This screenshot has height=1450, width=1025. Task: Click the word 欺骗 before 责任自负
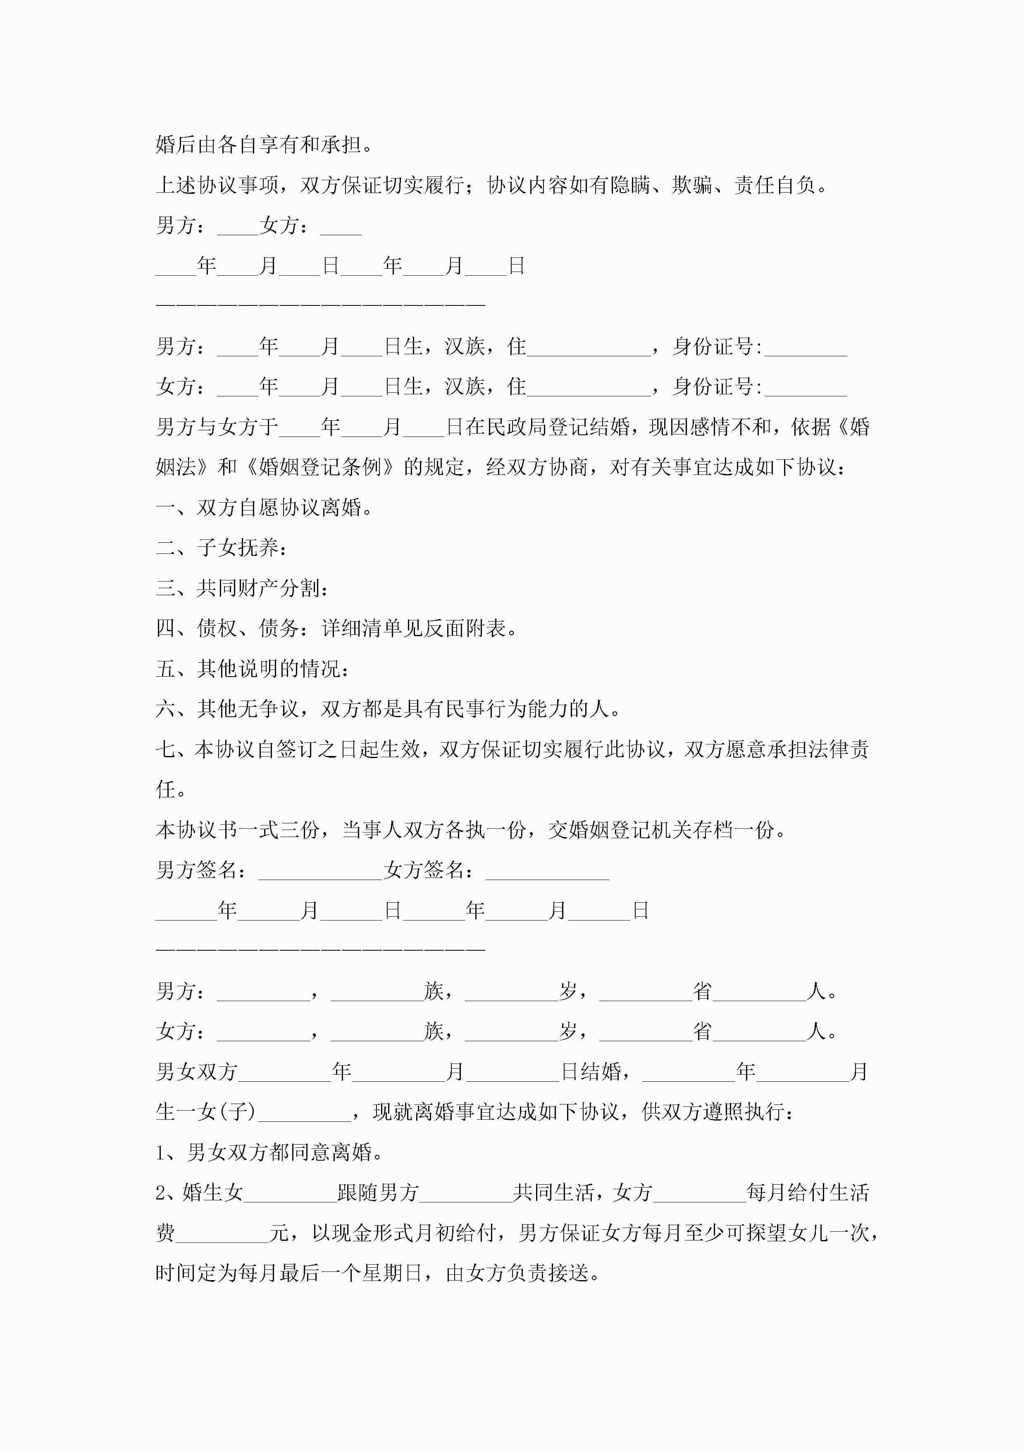(692, 186)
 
